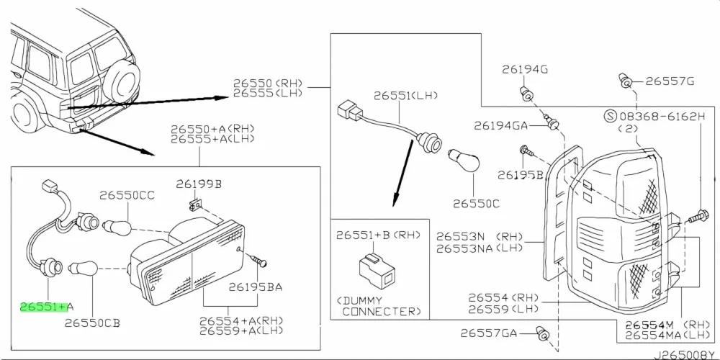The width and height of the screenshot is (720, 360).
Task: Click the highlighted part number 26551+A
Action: pos(42,307)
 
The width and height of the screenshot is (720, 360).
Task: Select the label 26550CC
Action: pos(127,195)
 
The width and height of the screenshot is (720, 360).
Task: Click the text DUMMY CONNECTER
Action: pos(379,306)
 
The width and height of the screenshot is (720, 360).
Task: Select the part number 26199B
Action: pos(199,184)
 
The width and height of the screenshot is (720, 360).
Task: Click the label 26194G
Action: pos(525,69)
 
